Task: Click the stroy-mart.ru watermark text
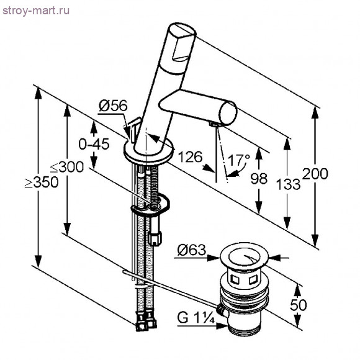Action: (36, 11)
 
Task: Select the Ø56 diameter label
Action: (113, 106)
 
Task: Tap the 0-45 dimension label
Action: (94, 145)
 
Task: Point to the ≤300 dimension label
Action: (67, 167)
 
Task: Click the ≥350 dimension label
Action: (42, 182)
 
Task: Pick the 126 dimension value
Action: (190, 157)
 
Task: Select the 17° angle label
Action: (238, 160)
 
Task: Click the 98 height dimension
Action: (259, 178)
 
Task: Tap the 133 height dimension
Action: (288, 184)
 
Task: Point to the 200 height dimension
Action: (315, 174)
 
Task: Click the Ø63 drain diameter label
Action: (192, 250)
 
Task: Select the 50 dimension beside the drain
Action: (298, 305)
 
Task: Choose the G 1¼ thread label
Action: (196, 318)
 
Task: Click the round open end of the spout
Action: (228, 114)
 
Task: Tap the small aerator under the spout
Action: (214, 124)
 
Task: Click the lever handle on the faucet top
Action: (182, 42)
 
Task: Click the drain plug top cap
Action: (244, 256)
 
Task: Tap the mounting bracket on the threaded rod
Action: (151, 205)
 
